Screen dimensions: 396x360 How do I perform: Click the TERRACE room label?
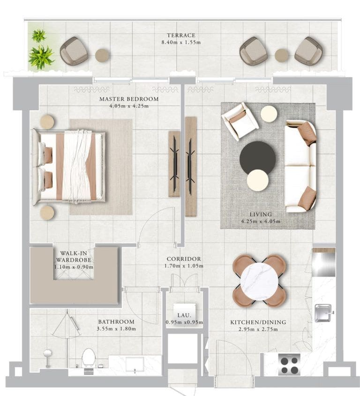click(181, 36)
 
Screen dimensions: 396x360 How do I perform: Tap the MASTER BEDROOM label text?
click(129, 99)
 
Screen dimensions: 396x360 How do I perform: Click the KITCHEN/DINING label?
click(258, 322)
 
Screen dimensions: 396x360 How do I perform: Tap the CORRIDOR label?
click(184, 259)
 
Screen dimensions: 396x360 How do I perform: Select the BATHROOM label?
click(116, 322)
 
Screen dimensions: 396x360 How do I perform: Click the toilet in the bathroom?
click(88, 359)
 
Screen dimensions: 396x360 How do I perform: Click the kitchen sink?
click(323, 313)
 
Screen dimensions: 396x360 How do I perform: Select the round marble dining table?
click(259, 281)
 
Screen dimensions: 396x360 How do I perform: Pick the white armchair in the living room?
click(240, 121)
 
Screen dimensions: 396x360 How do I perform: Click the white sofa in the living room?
click(300, 166)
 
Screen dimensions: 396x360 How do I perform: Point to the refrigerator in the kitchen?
click(324, 263)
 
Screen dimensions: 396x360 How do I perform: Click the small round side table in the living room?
click(269, 114)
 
